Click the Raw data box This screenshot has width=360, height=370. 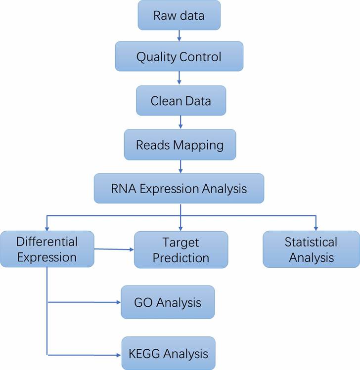coord(179,15)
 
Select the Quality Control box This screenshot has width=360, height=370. coord(179,56)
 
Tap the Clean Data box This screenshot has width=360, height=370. coord(180,101)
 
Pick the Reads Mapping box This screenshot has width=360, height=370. coord(180,145)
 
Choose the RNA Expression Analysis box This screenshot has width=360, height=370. coord(179,188)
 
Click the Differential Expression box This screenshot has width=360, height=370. coord(47,249)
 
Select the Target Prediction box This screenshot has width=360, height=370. coord(181,250)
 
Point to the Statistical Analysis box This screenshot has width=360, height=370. coord(311,249)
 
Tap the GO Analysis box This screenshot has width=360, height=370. coord(168,302)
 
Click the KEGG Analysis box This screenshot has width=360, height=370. coord(169,354)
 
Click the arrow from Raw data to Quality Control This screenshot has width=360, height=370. coord(179,36)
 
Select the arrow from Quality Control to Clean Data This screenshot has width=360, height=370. coord(179,78)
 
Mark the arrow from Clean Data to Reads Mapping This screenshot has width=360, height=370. coord(180,122)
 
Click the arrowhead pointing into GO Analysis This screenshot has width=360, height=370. coord(118,302)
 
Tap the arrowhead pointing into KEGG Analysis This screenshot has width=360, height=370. coord(118,354)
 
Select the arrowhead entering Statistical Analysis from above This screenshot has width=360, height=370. coord(315,228)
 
